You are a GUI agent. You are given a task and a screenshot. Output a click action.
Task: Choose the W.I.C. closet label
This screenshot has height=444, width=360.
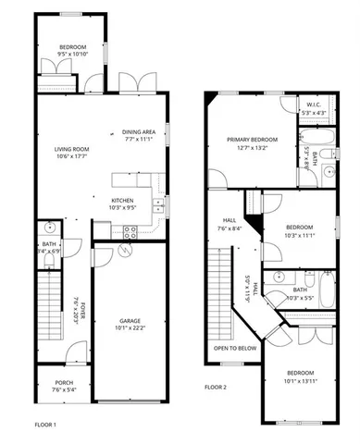314,105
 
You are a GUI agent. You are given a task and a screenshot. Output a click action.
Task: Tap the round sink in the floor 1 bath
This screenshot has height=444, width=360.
49,228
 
